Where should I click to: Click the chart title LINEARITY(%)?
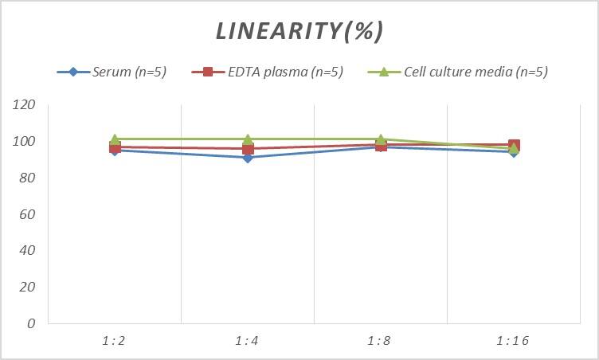[299, 31]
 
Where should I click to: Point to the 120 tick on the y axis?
[25, 105]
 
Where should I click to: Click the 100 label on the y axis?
[25, 142]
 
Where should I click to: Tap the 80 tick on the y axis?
[28, 178]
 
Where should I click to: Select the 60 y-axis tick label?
[28, 214]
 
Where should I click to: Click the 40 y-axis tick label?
[28, 251]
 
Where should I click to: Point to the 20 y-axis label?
[28, 288]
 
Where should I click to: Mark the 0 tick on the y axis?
[31, 323]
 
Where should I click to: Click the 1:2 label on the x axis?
[115, 341]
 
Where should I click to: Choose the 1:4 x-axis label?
[248, 341]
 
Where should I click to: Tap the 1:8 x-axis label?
[381, 341]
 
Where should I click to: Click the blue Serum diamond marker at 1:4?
[248, 158]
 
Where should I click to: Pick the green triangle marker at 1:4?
[248, 139]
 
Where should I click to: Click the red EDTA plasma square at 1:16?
[514, 145]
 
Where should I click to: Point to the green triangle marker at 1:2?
[115, 139]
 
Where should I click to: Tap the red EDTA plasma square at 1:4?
[248, 149]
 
